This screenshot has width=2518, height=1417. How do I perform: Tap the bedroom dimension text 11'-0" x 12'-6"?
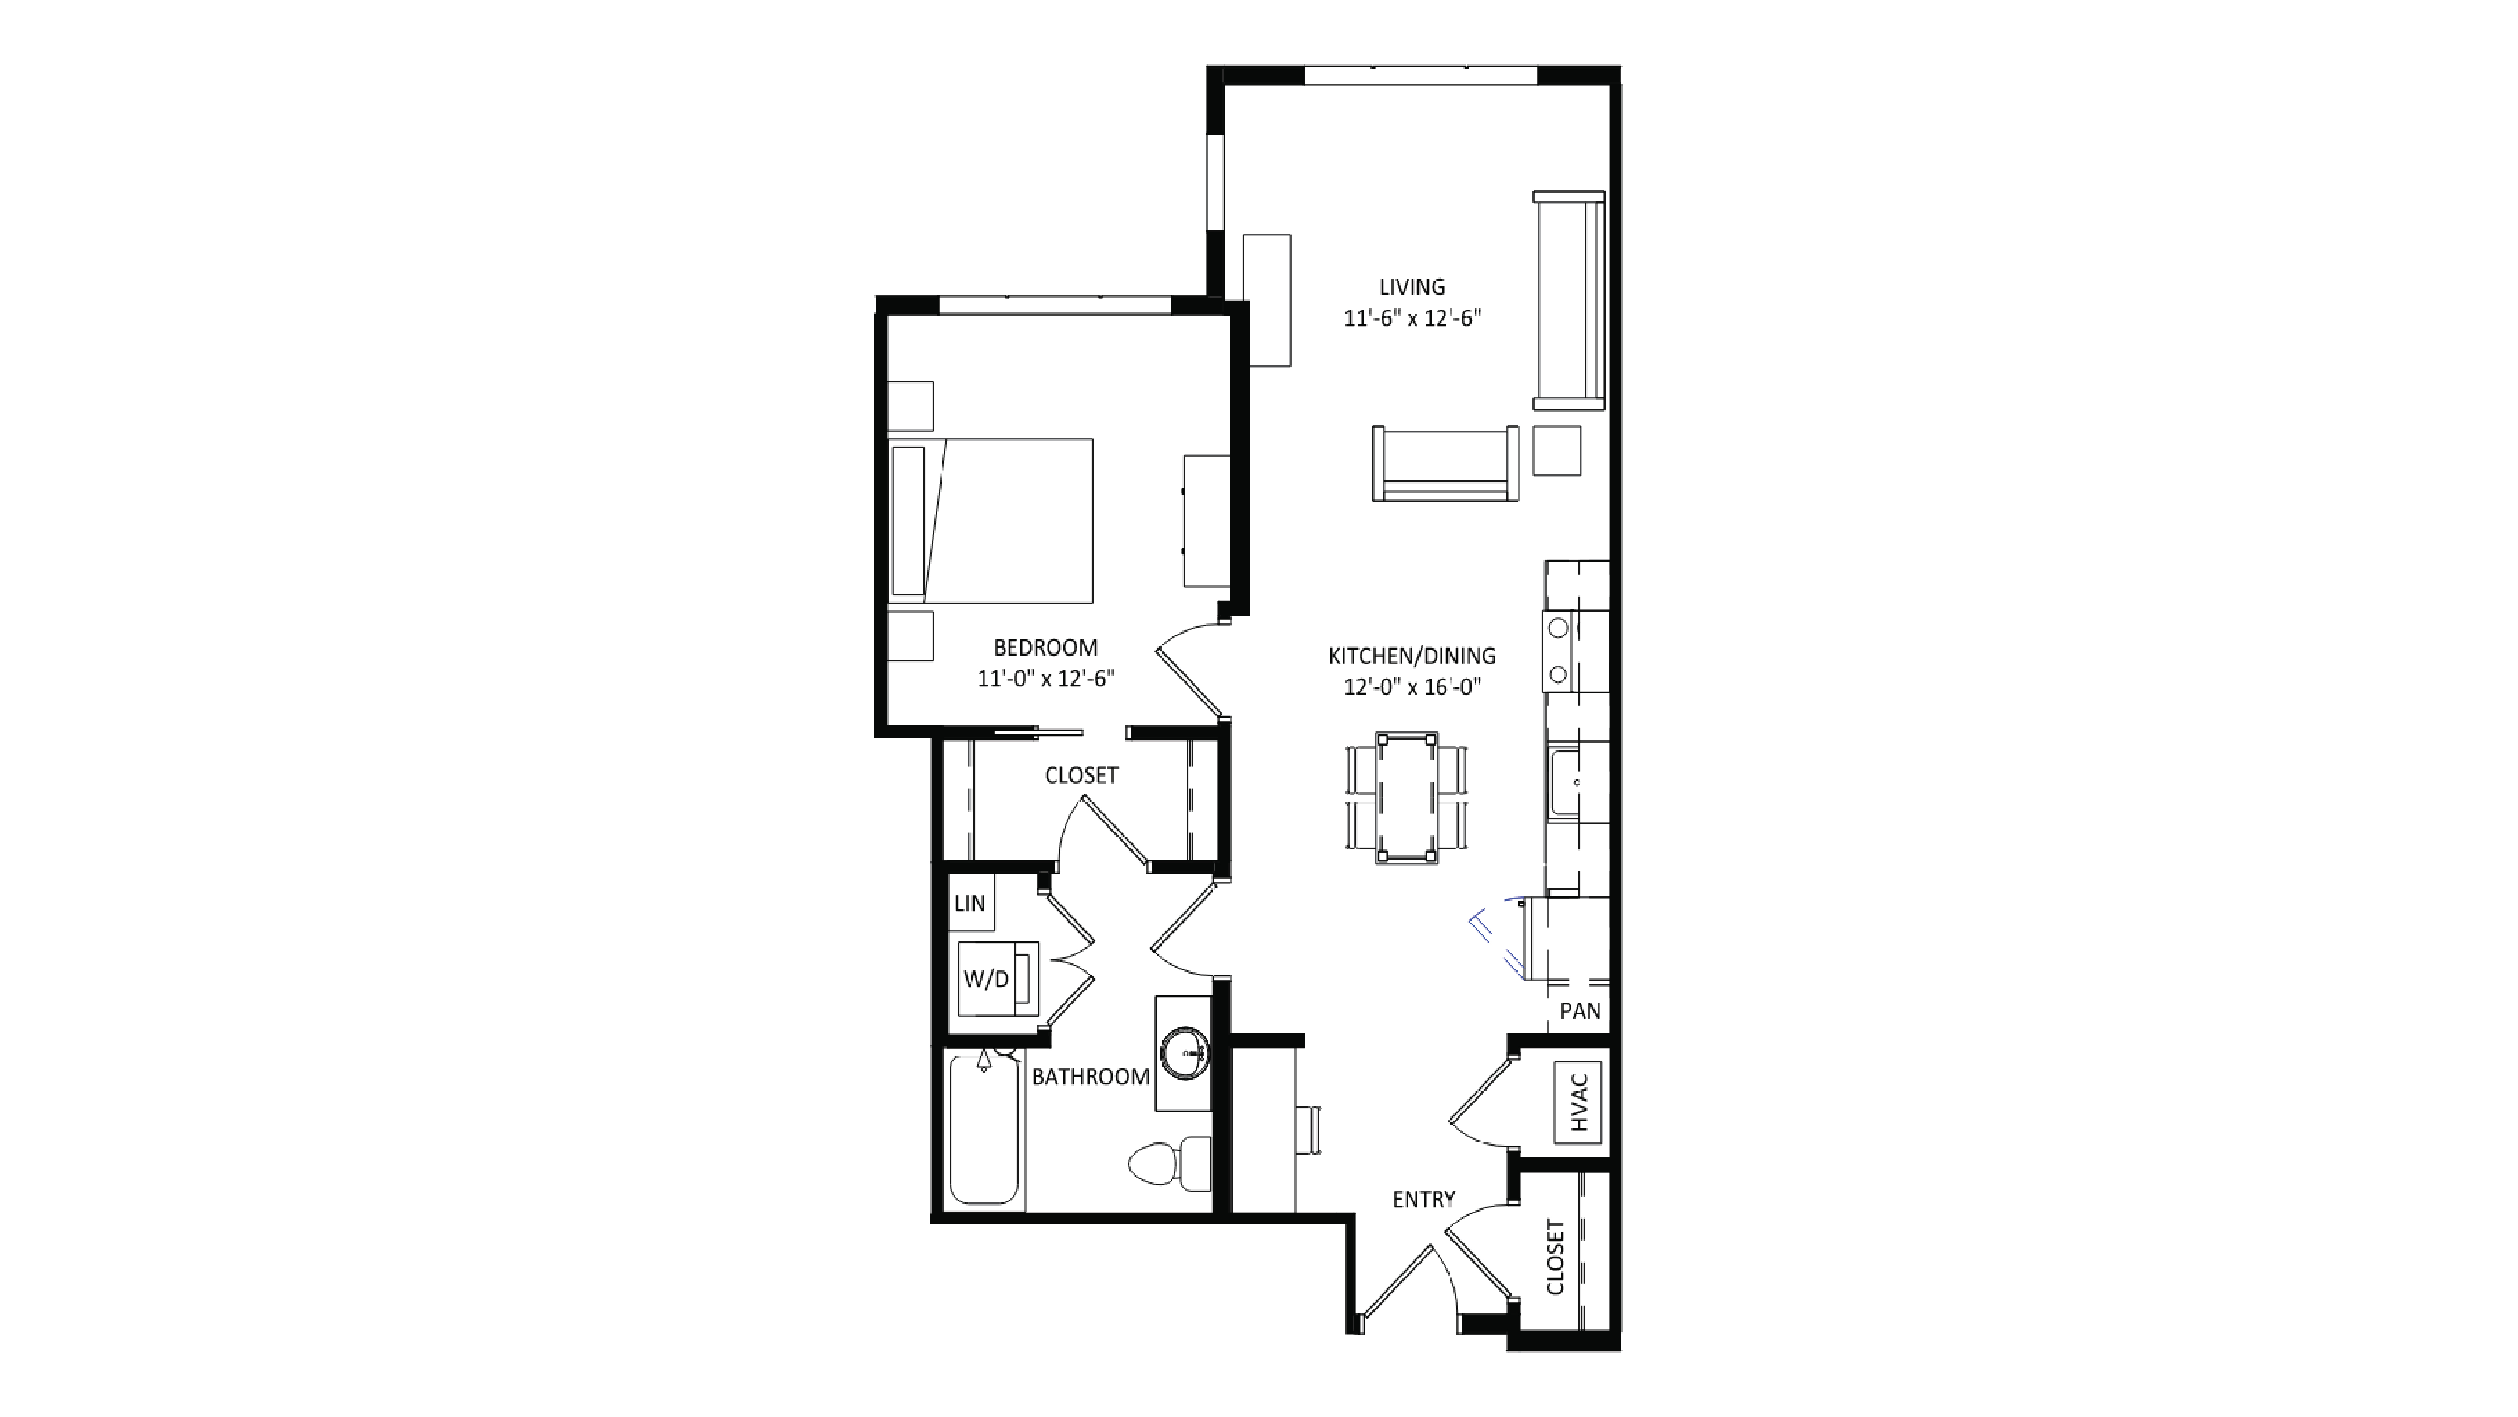(1046, 678)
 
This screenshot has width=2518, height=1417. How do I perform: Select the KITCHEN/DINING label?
(1411, 656)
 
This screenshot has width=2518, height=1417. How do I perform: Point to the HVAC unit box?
(1578, 1101)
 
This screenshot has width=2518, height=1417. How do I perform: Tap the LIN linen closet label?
(970, 903)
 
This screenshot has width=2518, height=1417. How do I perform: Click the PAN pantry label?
(1580, 1011)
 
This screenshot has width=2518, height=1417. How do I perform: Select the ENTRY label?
(1423, 1199)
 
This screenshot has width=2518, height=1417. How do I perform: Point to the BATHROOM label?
(1090, 1077)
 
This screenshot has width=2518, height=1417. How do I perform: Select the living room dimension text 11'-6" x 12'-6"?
(1411, 319)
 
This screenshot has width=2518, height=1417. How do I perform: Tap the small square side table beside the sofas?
(1556, 451)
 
